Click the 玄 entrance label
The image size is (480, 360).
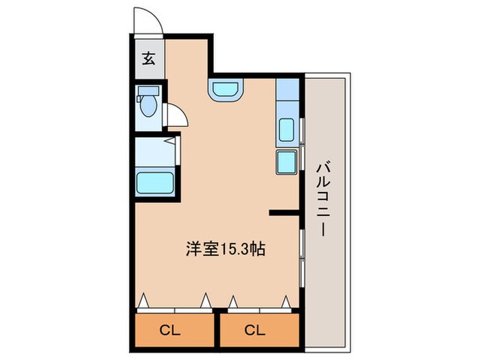[149, 58]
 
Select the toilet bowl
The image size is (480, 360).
[147, 107]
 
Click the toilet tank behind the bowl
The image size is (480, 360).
[146, 91]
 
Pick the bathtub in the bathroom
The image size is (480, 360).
[155, 184]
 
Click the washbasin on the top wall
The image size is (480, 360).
[226, 89]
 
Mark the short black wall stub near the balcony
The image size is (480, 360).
[283, 213]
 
